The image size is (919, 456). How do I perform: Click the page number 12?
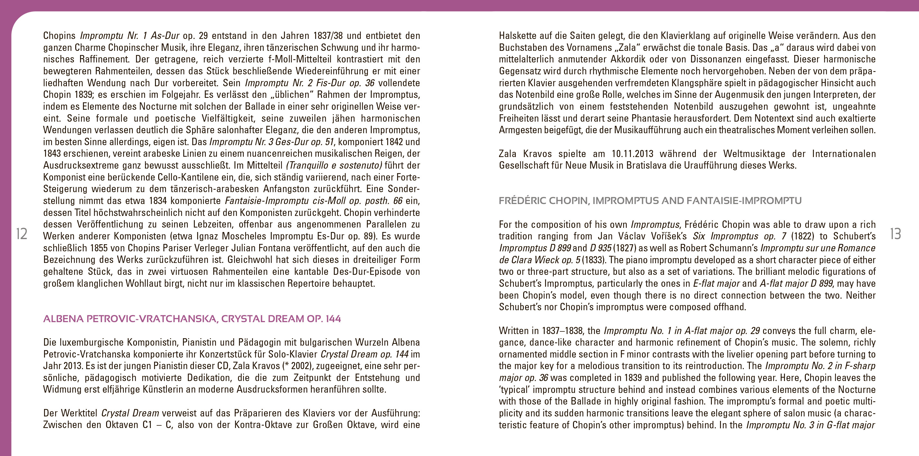click(22, 234)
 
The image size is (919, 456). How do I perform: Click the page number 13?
click(896, 234)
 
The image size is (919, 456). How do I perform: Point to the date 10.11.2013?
click(632, 154)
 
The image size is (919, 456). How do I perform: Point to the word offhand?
click(729, 307)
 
